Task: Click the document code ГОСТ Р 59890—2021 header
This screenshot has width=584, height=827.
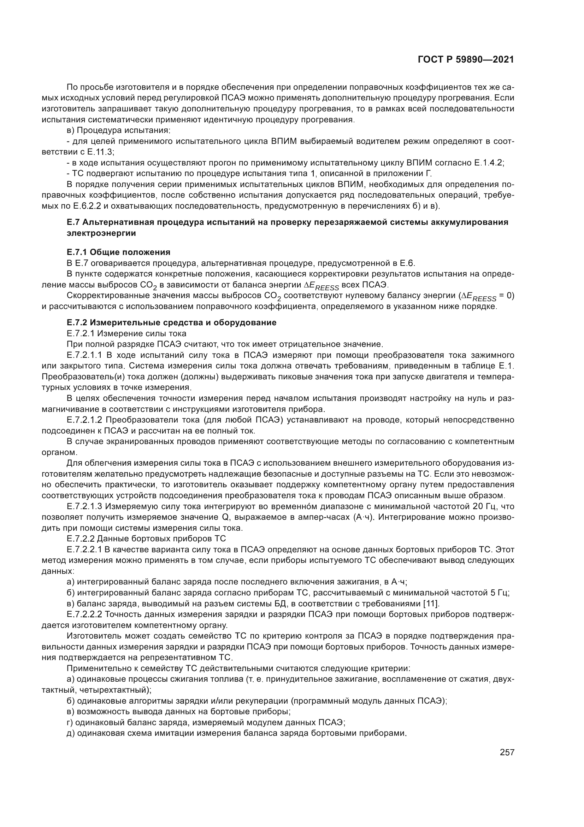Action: point(466,60)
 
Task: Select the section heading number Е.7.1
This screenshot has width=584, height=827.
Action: point(77,252)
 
